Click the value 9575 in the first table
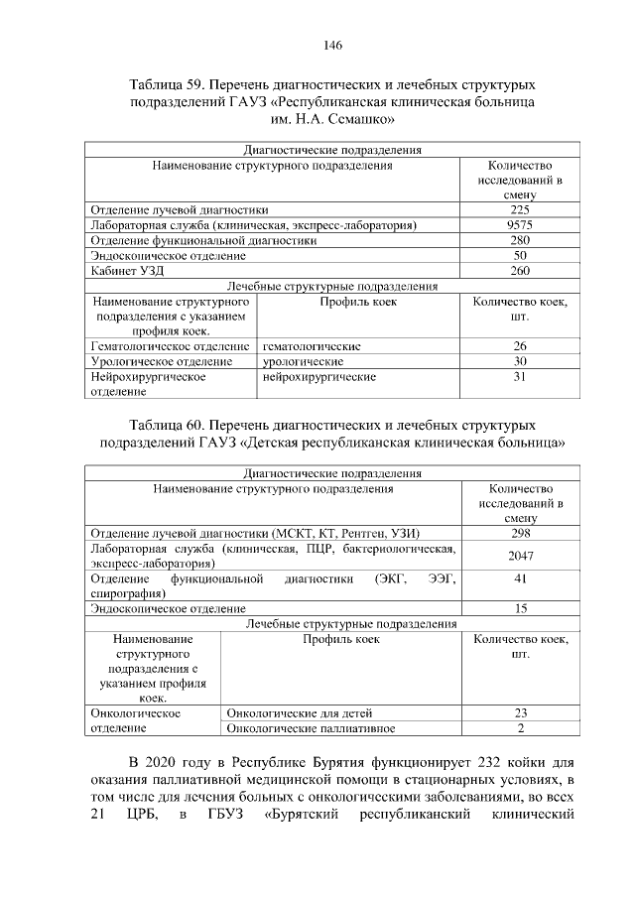click(x=520, y=225)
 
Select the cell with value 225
click(x=520, y=210)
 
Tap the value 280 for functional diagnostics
click(x=520, y=240)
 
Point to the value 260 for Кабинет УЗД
click(x=520, y=271)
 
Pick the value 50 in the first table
click(x=520, y=256)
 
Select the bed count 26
click(x=520, y=346)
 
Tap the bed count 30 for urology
click(x=520, y=361)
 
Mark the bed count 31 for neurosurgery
click(x=520, y=377)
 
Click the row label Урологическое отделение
click(x=154, y=361)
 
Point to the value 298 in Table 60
click(x=520, y=533)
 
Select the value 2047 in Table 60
click(x=520, y=556)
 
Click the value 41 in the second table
click(x=520, y=578)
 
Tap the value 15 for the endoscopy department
click(x=520, y=608)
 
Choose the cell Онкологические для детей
click(x=300, y=712)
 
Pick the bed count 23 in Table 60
click(x=520, y=712)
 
